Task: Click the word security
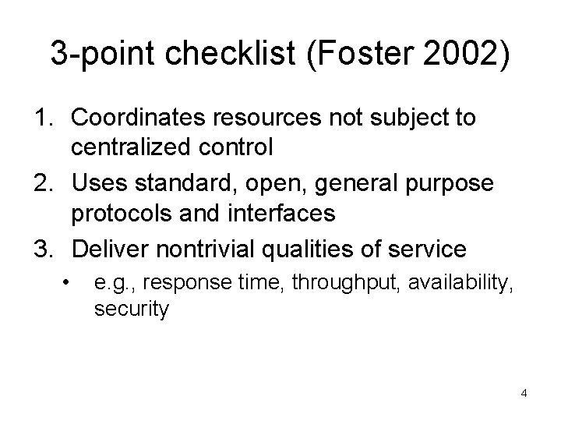131,309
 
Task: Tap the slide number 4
524,393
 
